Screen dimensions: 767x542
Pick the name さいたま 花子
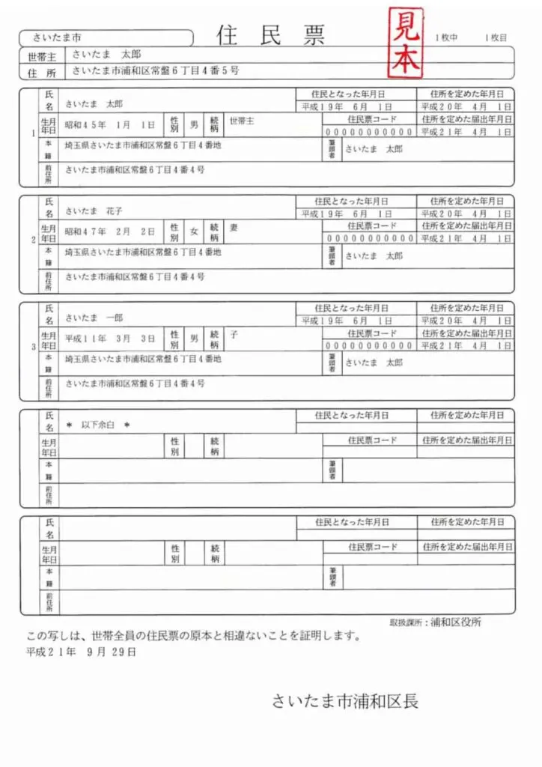pyautogui.click(x=94, y=211)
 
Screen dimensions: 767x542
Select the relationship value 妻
pyautogui.click(x=234, y=228)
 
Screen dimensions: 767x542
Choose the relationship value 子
pyautogui.click(x=234, y=335)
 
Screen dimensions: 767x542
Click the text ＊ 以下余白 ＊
pyautogui.click(x=98, y=425)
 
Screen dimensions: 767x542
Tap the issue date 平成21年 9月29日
pyautogui.click(x=82, y=652)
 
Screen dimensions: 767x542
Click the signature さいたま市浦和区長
pyautogui.click(x=345, y=701)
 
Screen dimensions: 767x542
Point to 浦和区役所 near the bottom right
pyautogui.click(x=456, y=622)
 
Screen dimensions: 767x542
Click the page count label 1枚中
pyautogui.click(x=447, y=37)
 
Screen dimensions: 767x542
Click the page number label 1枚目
pyautogui.click(x=496, y=37)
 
